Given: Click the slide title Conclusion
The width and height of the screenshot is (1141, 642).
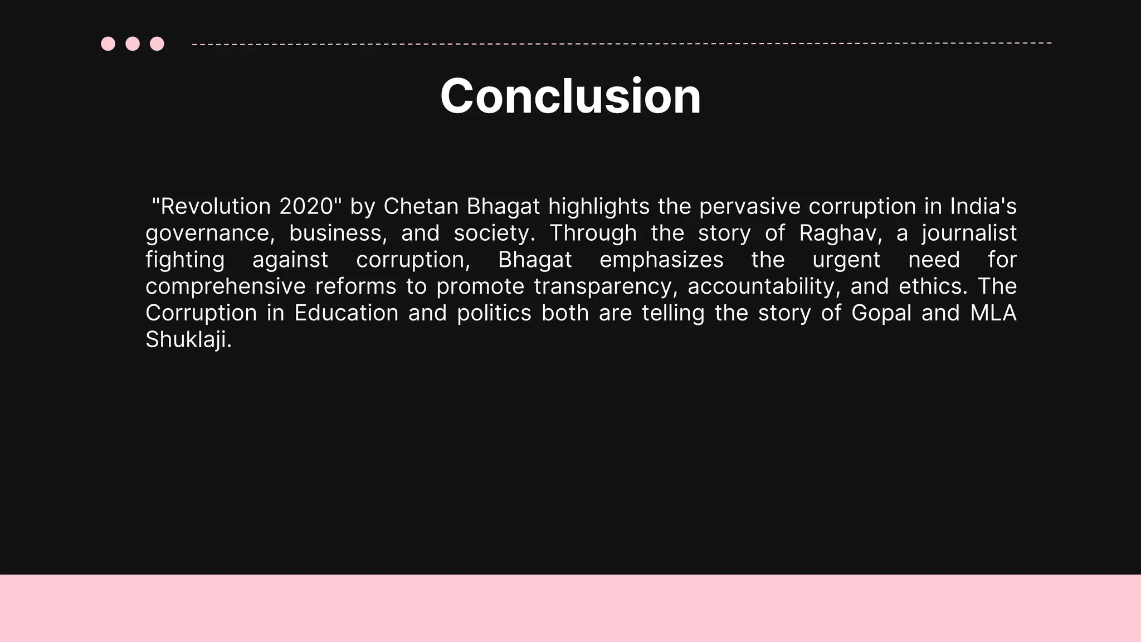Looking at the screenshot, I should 570,96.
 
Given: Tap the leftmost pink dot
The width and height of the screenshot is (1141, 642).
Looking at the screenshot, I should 108,43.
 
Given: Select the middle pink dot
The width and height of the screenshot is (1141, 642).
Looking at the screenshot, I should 133,43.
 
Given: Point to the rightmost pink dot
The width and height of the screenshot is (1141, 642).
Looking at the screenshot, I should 157,43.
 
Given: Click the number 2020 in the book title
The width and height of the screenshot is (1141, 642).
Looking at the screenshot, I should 306,206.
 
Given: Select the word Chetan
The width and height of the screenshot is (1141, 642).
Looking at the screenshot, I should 421,206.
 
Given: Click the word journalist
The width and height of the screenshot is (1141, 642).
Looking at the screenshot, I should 969,233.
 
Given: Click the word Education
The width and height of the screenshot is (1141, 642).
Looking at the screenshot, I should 346,313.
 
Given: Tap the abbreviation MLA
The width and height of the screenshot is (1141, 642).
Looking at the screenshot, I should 993,313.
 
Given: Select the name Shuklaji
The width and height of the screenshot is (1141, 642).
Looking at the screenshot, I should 188,339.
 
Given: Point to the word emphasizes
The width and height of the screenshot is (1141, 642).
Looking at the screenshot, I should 661,260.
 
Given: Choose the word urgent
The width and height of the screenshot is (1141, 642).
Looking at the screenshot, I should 846,260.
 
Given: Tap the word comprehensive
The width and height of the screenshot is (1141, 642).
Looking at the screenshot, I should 225,286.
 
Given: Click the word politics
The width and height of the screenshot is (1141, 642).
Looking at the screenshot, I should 494,313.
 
